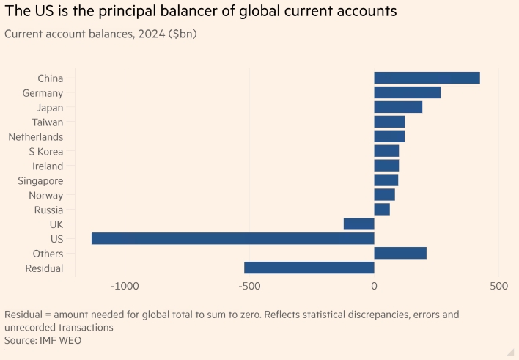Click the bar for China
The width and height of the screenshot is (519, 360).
pos(427,78)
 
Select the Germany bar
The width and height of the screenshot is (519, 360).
pos(407,92)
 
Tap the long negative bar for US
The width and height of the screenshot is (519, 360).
pos(232,238)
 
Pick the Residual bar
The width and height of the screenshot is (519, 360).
pos(309,268)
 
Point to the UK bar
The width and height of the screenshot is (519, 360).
pos(358,224)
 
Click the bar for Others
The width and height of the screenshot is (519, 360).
pos(400,253)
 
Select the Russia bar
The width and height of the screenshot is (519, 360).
pos(382,209)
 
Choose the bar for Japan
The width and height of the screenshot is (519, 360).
pos(398,107)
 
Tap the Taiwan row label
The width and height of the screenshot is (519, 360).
pos(48,122)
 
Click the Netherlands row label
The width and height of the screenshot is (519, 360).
pos(36,136)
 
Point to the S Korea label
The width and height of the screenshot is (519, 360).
pos(46,151)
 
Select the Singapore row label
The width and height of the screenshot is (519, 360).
pos(40,180)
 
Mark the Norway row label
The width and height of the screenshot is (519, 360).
pos(45,195)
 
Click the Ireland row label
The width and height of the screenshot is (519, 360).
pos(48,166)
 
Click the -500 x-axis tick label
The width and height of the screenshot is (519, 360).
pos(249,284)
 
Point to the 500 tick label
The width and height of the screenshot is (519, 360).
pos(498,284)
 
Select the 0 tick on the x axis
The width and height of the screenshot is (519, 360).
pos(374,284)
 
